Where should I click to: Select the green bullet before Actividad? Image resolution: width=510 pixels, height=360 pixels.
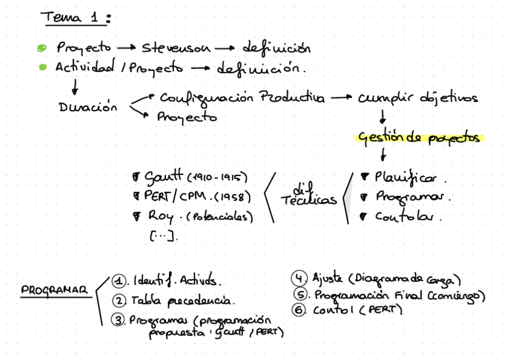click(41, 67)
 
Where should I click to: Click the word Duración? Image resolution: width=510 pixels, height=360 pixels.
click(87, 108)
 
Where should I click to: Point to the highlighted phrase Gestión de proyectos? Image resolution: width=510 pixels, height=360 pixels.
click(419, 138)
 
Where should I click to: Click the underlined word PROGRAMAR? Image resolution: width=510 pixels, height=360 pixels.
click(54, 290)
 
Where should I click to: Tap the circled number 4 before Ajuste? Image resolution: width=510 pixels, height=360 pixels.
click(299, 278)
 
